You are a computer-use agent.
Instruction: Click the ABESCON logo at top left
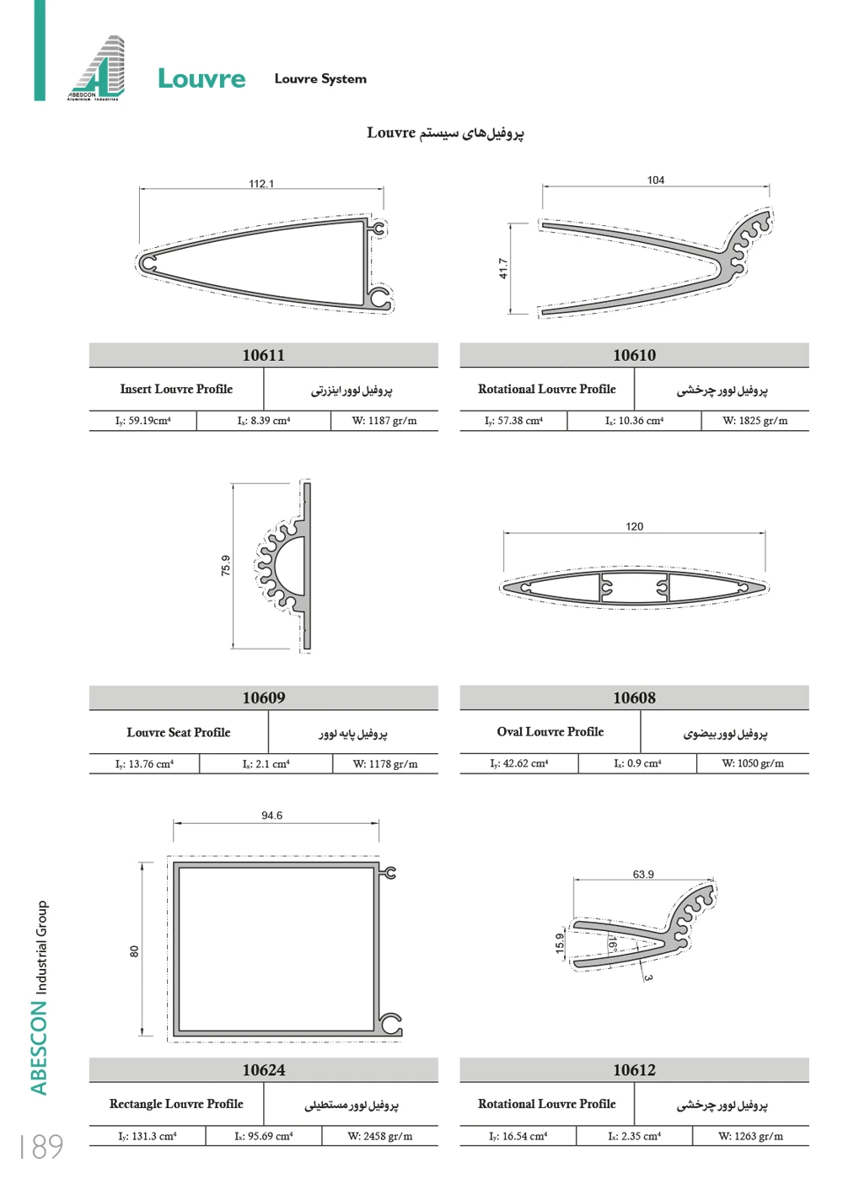[96, 68]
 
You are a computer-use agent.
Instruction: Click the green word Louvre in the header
[201, 79]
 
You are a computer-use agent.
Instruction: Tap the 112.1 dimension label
[261, 184]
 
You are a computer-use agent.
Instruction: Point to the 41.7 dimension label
[503, 268]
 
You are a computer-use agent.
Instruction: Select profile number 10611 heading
[264, 355]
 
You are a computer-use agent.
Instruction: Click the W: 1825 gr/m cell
[754, 421]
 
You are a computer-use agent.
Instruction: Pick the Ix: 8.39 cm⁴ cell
[263, 421]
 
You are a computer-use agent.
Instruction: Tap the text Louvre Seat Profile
[179, 732]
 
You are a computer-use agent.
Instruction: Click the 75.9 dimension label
[226, 565]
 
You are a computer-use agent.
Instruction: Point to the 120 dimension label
[634, 526]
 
